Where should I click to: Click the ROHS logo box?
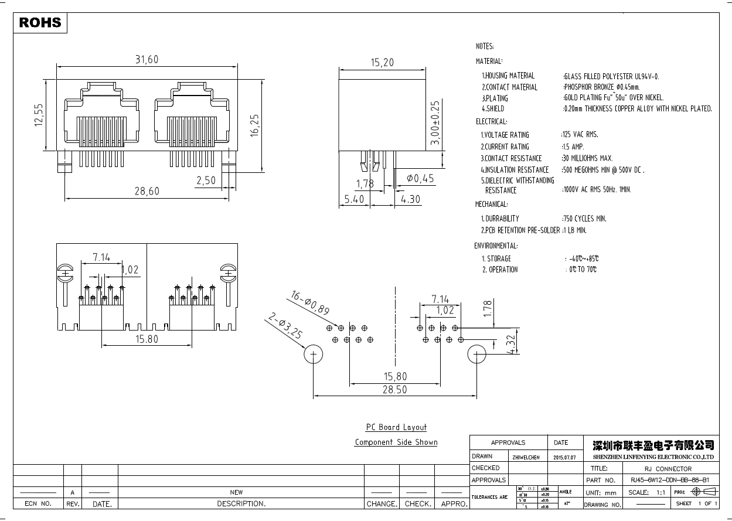[x=40, y=23]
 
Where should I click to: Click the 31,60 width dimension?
[x=147, y=60]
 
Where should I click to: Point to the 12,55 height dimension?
[x=39, y=115]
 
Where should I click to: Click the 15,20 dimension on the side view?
[x=382, y=62]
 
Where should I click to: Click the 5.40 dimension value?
[x=354, y=199]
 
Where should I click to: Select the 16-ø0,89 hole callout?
[x=309, y=302]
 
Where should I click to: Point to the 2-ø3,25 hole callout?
[x=285, y=326]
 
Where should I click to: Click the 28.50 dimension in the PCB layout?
[x=395, y=390]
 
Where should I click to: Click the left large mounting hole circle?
[x=314, y=355]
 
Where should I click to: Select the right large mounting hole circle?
[x=477, y=355]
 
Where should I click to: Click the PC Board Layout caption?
[x=396, y=427]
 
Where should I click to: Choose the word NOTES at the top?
[x=485, y=46]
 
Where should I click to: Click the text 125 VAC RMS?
[x=580, y=135]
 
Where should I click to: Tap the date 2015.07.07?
[x=564, y=457]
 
